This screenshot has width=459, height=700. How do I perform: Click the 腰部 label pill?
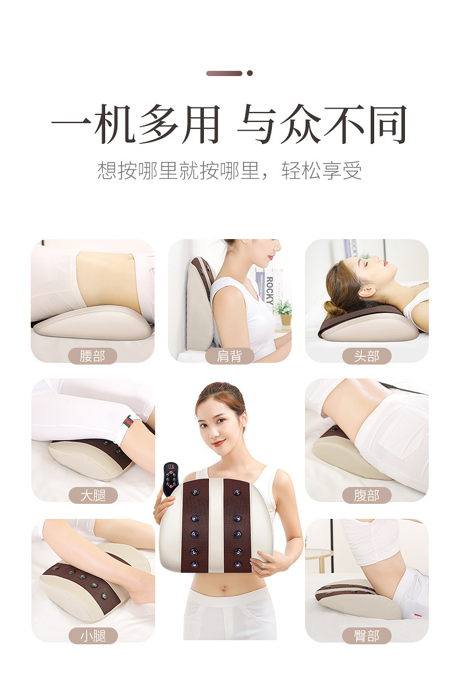pos(92,356)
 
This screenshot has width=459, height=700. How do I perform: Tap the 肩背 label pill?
pos(229,356)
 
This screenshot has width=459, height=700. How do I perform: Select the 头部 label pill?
pos(367,356)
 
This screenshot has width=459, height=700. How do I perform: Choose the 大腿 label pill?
pos(93,495)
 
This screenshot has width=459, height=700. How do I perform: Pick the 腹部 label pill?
pos(367,495)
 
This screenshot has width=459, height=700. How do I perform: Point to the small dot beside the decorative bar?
pos(250,73)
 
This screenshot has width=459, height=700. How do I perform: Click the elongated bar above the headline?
pos(224,73)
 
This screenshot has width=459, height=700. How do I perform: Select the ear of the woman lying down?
pos(367,291)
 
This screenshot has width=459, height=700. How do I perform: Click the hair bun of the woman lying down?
pos(334,308)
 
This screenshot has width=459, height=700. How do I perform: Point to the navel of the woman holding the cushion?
pos(223,589)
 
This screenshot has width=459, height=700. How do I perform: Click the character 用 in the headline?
pos(201,124)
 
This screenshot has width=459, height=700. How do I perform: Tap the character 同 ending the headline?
pos(388,124)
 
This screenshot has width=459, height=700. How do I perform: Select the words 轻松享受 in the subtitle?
pos(321,171)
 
